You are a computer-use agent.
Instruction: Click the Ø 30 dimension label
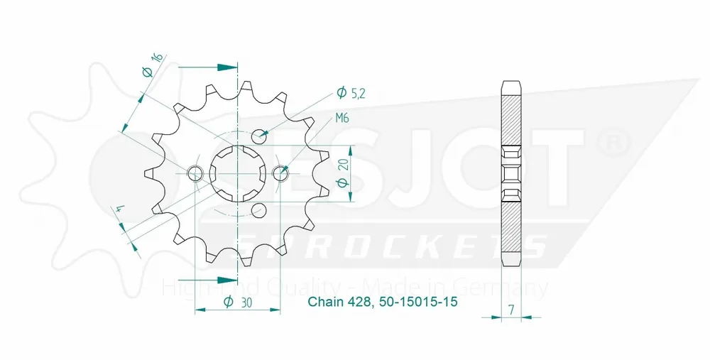point(235,301)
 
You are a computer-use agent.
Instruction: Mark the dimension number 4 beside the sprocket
point(119,211)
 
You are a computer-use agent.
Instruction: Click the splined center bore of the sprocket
point(236,172)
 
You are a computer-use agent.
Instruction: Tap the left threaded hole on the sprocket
point(194,173)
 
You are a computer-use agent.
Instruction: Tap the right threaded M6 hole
point(280,172)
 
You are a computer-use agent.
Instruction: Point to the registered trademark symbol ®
point(611,141)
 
